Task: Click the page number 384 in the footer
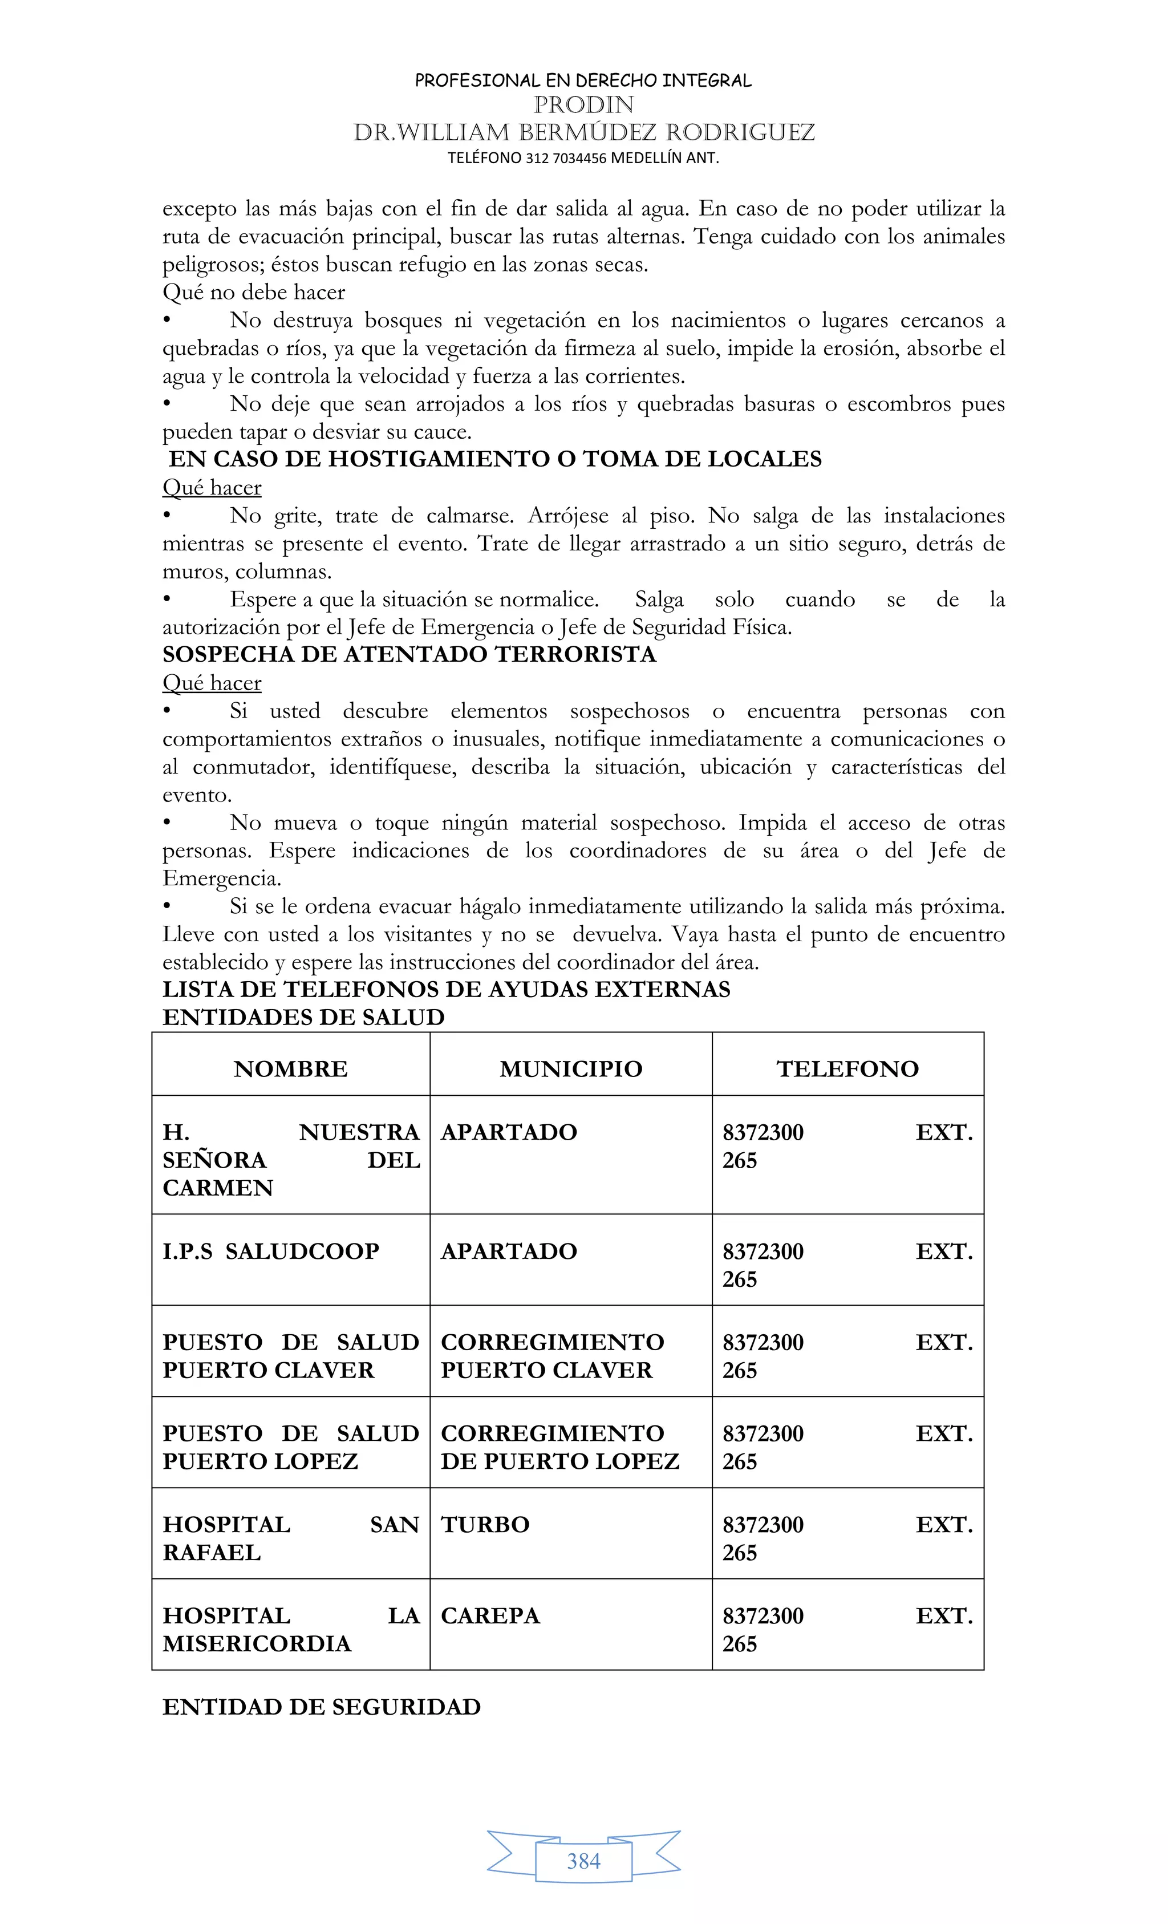point(583,1861)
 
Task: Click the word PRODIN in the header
point(583,104)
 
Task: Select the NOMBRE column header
point(290,1068)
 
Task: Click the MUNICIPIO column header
point(571,1068)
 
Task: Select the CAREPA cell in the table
point(490,1615)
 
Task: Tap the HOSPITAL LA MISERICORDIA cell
point(290,1629)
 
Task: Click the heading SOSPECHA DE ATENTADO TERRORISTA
point(409,654)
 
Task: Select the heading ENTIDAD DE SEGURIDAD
point(321,1706)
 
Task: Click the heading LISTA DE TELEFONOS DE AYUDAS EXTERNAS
point(446,989)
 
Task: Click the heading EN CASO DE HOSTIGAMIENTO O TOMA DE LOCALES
point(495,459)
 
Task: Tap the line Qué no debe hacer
point(253,292)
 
